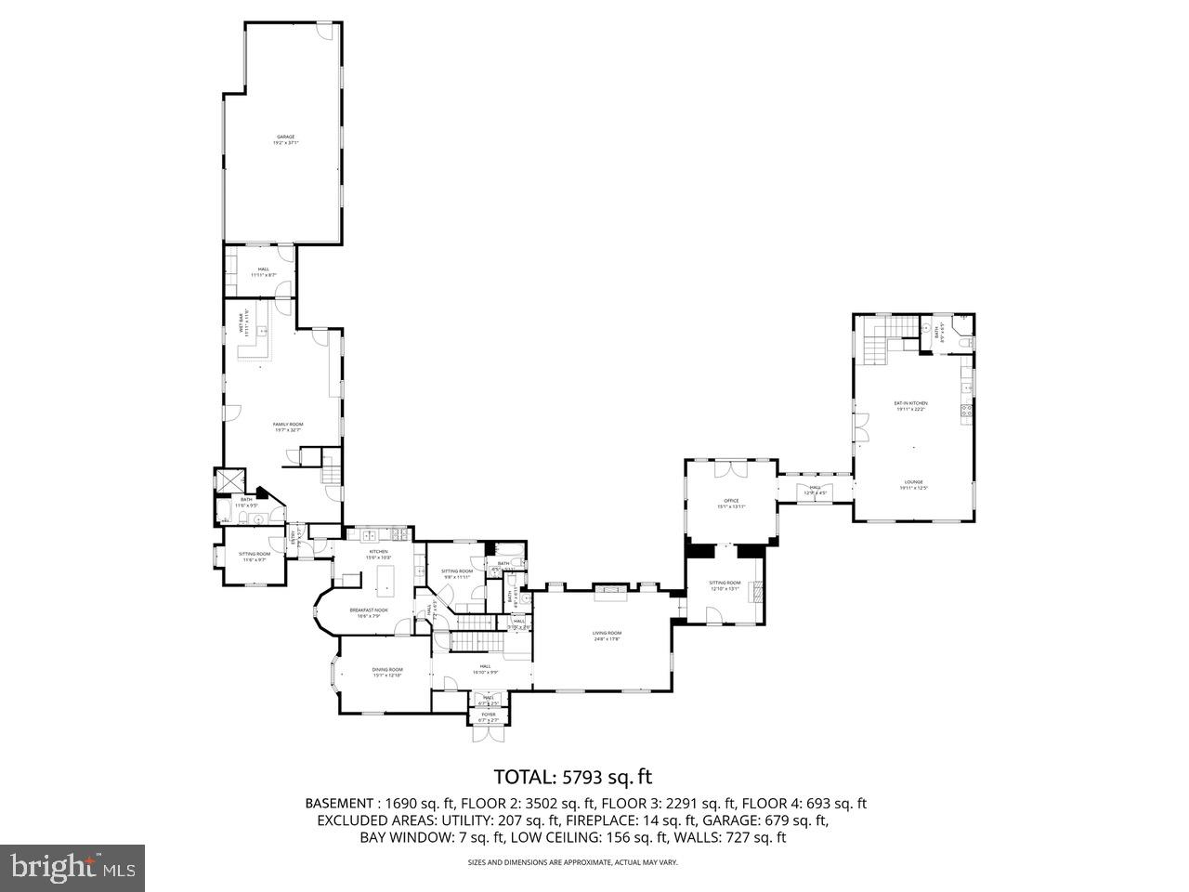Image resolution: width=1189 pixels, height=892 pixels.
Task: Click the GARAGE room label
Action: [284, 137]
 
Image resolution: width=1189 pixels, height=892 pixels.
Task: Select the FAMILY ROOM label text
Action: [288, 425]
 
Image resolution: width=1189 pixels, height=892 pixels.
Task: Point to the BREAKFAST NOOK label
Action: [369, 610]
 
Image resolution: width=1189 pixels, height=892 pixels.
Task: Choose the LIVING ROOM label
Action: [607, 634]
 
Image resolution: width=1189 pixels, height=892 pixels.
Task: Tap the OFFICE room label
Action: [731, 501]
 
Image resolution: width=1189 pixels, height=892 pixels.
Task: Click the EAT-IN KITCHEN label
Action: [910, 403]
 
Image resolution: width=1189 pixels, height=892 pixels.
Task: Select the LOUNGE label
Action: [913, 482]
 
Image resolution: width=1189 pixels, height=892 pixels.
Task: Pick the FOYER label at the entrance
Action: [488, 715]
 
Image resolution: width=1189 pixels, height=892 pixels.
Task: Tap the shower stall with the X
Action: [229, 480]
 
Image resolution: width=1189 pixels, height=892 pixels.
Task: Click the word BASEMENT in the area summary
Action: [340, 804]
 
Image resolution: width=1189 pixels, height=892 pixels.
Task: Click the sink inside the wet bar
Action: [264, 332]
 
